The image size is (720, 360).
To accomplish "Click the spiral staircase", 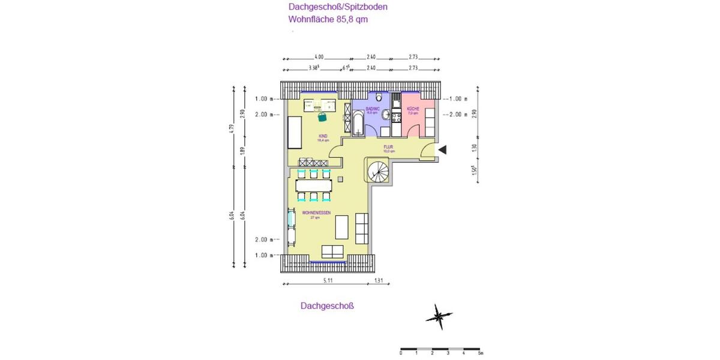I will (378, 172).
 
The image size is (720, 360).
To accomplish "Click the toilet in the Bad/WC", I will (378, 97).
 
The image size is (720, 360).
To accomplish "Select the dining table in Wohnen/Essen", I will (313, 185).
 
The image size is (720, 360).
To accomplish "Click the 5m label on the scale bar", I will (481, 353).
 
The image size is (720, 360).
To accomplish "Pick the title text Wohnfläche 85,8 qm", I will (328, 19).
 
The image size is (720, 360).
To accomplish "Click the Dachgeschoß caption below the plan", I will (328, 305).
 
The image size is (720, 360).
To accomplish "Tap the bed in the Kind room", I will (295, 133).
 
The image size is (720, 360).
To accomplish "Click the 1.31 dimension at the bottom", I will (379, 280).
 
